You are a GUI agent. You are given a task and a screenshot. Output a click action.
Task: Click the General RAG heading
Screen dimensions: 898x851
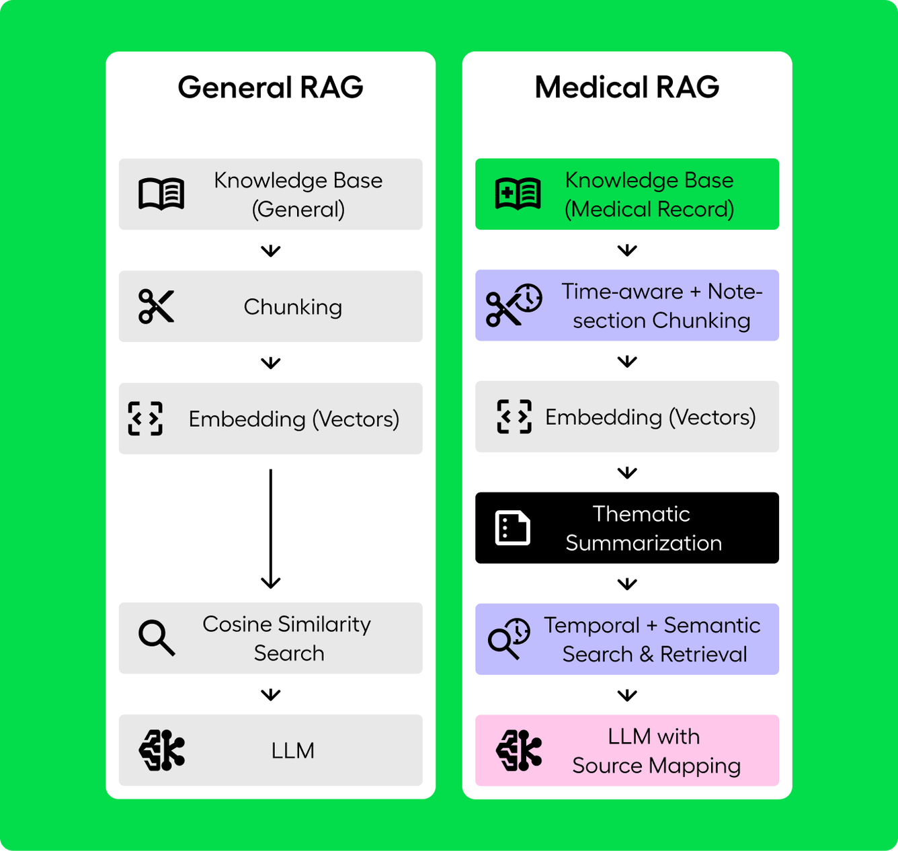coord(270,87)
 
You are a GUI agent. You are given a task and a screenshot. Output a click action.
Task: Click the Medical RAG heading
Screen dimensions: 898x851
coord(626,87)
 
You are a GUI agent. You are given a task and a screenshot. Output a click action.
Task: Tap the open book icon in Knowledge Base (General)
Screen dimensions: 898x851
coord(161,194)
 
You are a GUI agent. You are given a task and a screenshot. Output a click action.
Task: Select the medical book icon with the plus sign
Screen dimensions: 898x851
coord(518,194)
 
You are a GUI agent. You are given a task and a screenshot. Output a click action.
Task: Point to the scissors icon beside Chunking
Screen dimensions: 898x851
coord(156,306)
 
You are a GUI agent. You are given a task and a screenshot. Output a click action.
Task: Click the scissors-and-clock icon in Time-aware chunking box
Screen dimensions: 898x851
coord(514,305)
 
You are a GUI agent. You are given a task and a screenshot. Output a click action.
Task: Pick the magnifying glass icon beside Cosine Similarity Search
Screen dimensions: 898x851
coord(157,638)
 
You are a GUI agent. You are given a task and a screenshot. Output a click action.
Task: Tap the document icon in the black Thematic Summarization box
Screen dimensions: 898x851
coord(512,528)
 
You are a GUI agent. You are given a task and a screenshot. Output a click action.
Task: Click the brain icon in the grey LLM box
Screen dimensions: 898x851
coord(162,750)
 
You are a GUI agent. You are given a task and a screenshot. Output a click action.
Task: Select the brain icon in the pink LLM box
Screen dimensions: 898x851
coord(518,750)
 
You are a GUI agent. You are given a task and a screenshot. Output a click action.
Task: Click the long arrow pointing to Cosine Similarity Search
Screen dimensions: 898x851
coord(270,529)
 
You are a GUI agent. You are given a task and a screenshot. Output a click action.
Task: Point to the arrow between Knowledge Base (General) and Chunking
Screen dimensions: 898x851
coord(270,251)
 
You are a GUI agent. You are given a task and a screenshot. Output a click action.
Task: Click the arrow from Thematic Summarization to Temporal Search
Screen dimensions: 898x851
coord(626,583)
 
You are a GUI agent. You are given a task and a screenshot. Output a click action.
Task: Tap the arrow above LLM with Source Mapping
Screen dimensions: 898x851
coord(626,695)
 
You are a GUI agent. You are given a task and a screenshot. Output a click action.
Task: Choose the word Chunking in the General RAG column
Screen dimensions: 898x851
coord(293,307)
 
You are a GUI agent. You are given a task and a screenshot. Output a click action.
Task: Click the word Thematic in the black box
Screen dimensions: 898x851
coord(641,514)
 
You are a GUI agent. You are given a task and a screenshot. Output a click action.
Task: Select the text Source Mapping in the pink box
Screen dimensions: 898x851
coord(657,766)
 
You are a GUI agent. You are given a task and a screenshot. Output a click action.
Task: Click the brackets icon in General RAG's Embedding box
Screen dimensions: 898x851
coord(145,418)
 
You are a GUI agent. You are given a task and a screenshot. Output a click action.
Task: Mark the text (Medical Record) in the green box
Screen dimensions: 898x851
coord(649,209)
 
